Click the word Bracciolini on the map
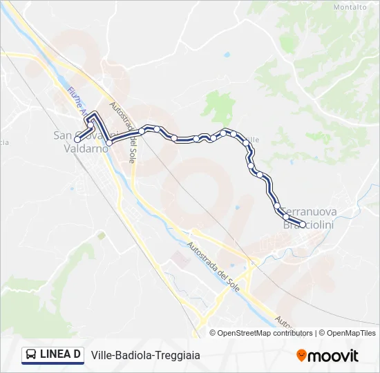point(309,225)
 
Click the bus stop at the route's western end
point(77,138)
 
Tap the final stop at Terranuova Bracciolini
point(302,223)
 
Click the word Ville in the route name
point(102,355)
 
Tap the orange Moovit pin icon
point(301,356)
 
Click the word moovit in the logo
point(333,356)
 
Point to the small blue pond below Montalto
point(227,55)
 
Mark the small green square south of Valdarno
point(101,236)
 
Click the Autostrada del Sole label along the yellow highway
point(215,267)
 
